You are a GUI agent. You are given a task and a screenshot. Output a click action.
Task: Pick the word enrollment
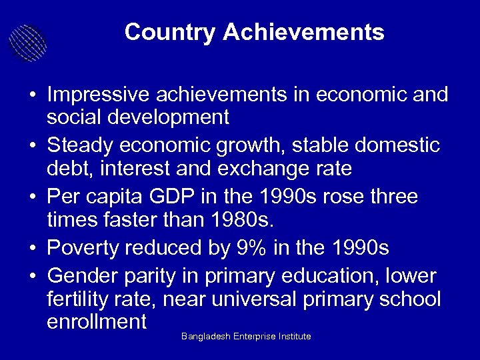click(x=97, y=323)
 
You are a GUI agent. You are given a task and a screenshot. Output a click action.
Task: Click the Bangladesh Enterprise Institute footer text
click(x=246, y=337)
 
